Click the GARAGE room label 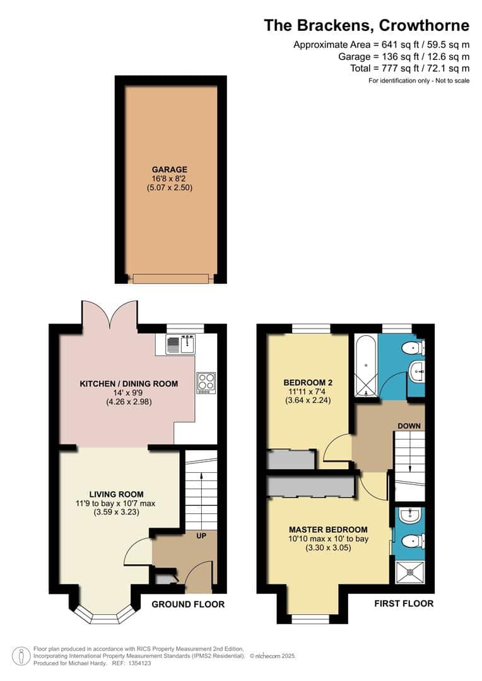170,170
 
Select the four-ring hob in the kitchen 206,383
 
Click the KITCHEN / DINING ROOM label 129,383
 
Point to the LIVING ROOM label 116,494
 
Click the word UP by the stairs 201,536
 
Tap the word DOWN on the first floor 409,426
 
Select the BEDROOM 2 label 308,383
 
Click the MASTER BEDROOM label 328,530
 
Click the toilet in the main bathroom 413,348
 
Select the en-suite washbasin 410,516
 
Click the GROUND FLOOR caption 188,604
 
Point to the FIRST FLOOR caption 404,603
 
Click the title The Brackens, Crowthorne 367,25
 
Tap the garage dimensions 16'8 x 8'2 170,178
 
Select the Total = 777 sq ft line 409,68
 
